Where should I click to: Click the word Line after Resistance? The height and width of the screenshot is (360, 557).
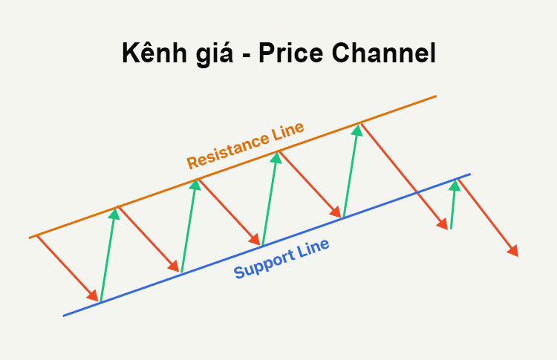point(286,131)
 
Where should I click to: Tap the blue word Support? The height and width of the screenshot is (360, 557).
point(264,264)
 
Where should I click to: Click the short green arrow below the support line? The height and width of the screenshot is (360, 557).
point(453,205)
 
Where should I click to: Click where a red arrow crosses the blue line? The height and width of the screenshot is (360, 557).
point(417,193)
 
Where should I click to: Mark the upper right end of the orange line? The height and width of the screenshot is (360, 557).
point(435,96)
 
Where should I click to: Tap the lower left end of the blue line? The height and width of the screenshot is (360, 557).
point(64,315)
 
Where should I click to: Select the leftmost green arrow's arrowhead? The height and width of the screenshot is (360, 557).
point(114,214)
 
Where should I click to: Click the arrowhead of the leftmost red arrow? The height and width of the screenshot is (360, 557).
point(94,296)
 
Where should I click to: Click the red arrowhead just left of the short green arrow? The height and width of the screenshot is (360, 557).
point(444,223)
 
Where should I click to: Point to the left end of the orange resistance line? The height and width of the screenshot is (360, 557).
point(30,238)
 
